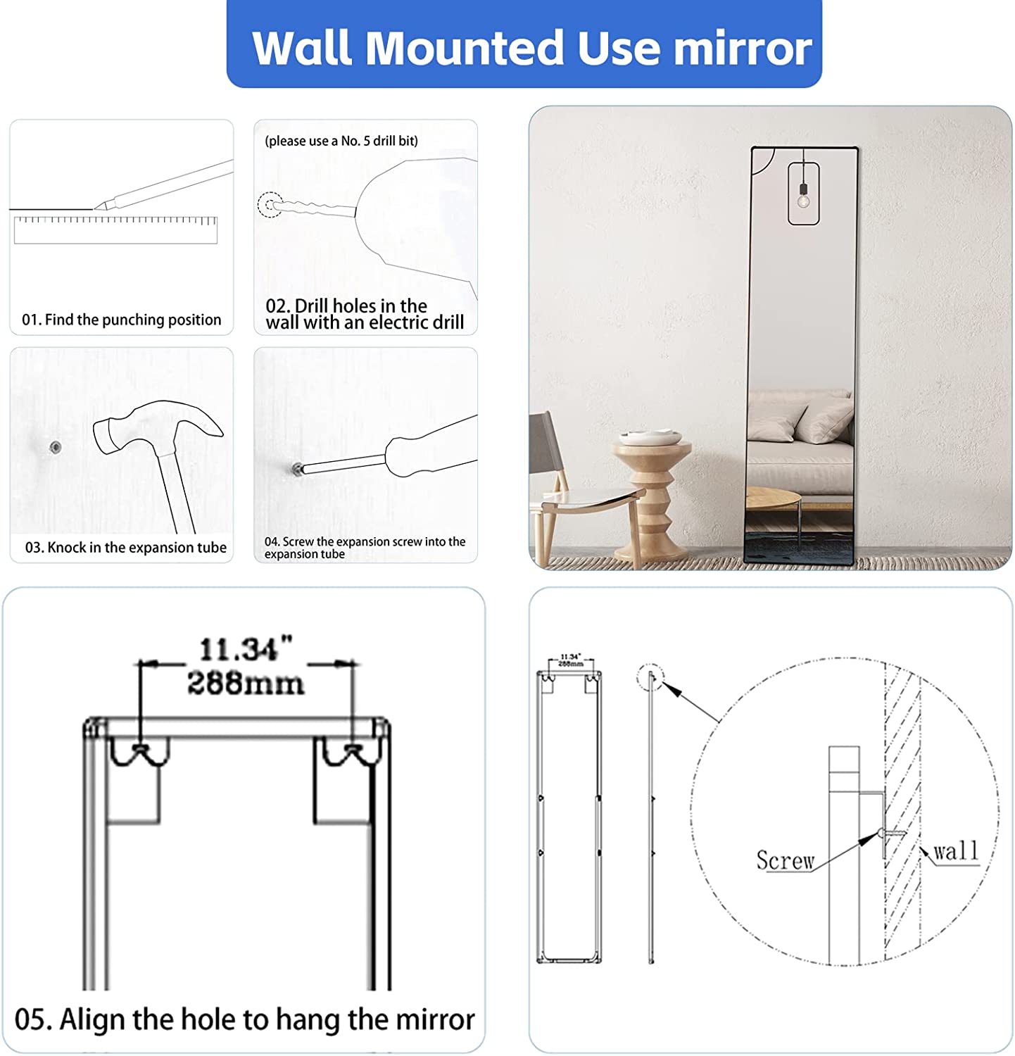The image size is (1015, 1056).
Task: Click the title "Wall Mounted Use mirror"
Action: click(531, 47)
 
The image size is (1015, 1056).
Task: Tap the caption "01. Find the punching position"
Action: click(122, 320)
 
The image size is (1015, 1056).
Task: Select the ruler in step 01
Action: click(116, 230)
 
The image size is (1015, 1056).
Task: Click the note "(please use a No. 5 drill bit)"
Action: click(341, 141)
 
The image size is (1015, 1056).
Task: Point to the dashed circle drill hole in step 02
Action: click(270, 205)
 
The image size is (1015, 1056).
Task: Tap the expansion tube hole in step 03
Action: click(55, 447)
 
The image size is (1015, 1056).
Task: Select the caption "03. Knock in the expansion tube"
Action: click(126, 548)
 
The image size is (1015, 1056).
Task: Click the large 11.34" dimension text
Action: click(246, 649)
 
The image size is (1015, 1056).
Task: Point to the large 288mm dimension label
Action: click(246, 683)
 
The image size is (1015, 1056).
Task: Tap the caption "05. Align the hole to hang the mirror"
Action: click(244, 1019)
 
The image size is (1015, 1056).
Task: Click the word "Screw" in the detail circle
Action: click(785, 860)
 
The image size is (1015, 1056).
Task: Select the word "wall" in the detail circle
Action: click(956, 851)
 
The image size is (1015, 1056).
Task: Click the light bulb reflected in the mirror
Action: click(803, 201)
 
